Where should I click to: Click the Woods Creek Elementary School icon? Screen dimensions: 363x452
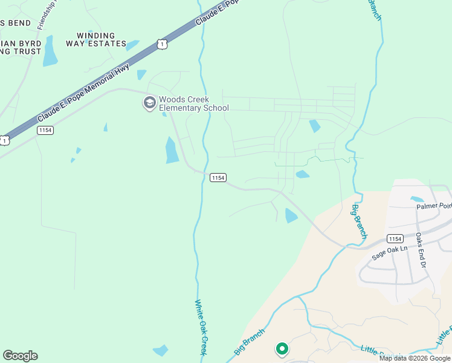[x=149, y=103]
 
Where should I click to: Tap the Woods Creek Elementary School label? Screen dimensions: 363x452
[x=194, y=104]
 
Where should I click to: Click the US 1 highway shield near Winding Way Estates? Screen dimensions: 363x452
[x=161, y=44]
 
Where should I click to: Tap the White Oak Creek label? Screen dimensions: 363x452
[x=202, y=327]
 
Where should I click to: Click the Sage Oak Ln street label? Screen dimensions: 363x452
[x=390, y=252]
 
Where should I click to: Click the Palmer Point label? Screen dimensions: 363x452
[x=434, y=206]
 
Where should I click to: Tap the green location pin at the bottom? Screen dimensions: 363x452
[x=282, y=348]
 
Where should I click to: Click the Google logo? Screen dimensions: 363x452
[x=20, y=356]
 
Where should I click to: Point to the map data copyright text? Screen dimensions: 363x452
[x=414, y=358]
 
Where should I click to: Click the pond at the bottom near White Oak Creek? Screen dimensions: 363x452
[x=161, y=350]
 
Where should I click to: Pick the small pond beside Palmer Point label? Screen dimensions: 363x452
[x=416, y=199]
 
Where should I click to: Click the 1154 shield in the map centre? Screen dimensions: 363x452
[x=218, y=177]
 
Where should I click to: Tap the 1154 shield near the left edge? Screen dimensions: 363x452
[x=45, y=130]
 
